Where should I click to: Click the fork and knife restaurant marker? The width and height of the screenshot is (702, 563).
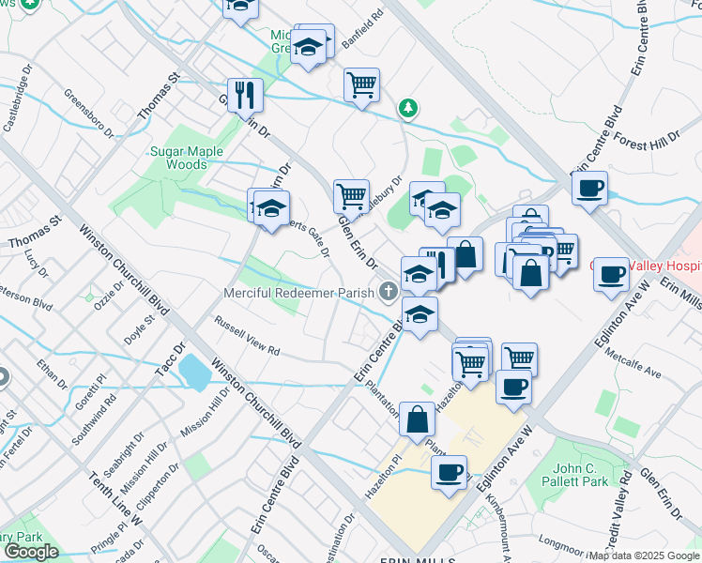point(245,93)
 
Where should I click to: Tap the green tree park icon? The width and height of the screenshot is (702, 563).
point(408,108)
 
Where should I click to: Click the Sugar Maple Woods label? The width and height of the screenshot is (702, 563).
point(179,157)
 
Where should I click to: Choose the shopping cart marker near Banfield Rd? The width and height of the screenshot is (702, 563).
point(361,84)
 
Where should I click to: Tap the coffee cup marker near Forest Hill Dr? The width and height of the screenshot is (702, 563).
point(589,188)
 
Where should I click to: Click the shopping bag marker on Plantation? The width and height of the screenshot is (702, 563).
point(417,418)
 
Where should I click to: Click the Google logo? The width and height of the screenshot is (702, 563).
point(31,552)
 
